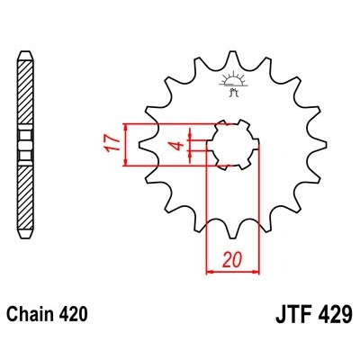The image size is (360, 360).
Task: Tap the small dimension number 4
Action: (x=179, y=144)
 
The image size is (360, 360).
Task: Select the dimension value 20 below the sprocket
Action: (x=232, y=260)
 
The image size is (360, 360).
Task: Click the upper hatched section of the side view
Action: (x=26, y=90)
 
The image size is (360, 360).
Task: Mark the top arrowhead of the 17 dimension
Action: (x=127, y=126)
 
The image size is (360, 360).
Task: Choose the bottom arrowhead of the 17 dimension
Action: (x=127, y=163)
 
